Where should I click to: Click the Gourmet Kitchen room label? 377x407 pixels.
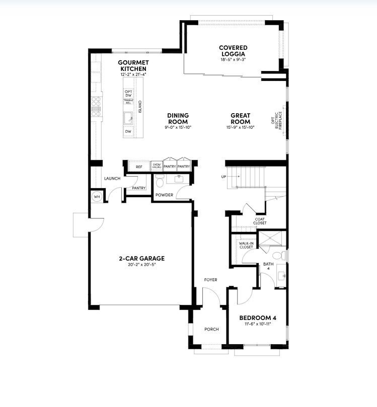click(x=132, y=65)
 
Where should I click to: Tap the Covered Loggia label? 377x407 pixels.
click(x=233, y=51)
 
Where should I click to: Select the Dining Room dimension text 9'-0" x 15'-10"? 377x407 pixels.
click(x=178, y=127)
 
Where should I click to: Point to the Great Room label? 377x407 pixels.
click(x=240, y=118)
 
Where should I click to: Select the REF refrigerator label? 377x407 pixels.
click(x=139, y=167)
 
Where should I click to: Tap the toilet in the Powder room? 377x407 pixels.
click(x=160, y=180)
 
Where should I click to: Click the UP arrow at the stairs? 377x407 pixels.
click(x=223, y=177)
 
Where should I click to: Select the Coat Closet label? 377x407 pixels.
click(x=260, y=221)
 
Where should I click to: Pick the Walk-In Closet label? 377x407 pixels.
click(x=246, y=245)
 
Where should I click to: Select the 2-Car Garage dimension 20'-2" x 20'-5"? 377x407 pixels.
click(x=141, y=265)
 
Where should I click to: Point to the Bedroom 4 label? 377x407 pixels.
click(x=257, y=317)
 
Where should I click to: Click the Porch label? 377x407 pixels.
click(x=211, y=330)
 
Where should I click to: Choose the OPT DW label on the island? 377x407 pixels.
click(x=128, y=93)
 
